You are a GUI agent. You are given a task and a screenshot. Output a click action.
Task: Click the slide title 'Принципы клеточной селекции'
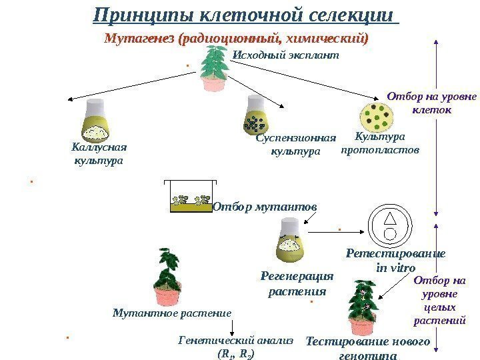243,15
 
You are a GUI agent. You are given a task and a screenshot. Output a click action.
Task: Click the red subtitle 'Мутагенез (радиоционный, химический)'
237,38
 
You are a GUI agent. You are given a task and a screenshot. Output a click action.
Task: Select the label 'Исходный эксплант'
285,55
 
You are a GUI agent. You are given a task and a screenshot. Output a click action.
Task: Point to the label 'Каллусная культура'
99,154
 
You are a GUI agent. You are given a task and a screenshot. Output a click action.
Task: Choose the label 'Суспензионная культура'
295,145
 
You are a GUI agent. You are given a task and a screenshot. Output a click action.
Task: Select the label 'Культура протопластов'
380,143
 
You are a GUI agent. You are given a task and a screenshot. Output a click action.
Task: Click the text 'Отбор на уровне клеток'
432,103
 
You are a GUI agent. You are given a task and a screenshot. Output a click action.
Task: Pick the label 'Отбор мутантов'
265,207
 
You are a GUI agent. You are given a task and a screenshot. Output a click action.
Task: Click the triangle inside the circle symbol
391,219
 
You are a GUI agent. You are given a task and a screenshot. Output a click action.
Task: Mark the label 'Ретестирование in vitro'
396,261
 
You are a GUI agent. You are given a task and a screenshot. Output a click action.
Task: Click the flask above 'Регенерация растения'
289,241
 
